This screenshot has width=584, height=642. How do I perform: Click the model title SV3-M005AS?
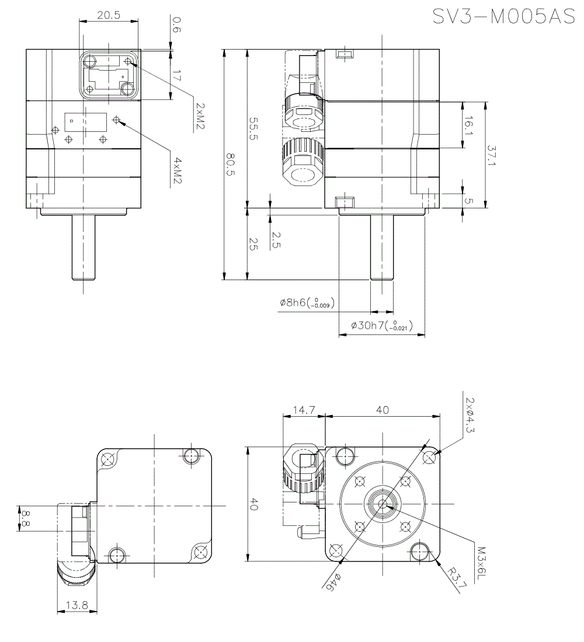tap(503, 16)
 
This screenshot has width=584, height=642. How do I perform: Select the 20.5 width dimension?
tap(109, 15)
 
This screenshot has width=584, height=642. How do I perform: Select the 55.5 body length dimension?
tap(253, 129)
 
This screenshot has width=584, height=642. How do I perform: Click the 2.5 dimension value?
tap(276, 239)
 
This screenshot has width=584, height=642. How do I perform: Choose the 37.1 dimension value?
tap(491, 155)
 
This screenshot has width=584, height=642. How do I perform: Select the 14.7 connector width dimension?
tap(303, 410)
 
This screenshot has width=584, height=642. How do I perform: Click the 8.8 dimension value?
tap(25, 518)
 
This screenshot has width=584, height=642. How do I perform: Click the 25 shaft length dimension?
tap(253, 244)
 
